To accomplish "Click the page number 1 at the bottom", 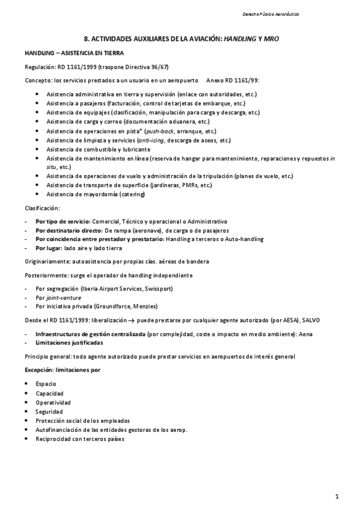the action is tap(338, 496).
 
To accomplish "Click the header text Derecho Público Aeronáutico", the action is tap(271, 13).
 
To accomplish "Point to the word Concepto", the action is tap(37, 80).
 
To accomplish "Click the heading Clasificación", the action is tap(42, 207).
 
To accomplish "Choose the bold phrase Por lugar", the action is tap(48, 248).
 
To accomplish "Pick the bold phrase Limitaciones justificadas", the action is tap(69, 342).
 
